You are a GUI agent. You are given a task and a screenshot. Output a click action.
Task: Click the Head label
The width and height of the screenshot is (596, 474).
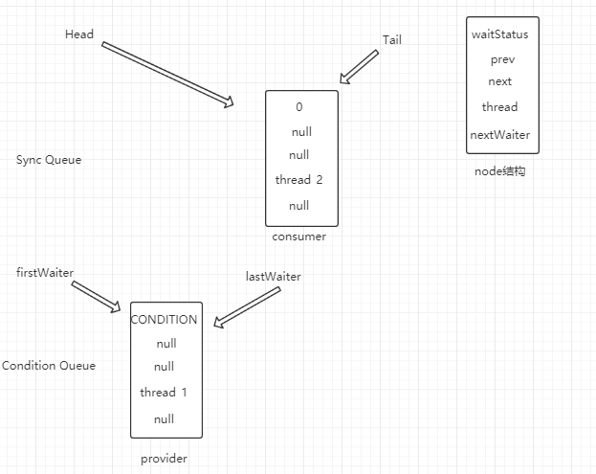[79, 34]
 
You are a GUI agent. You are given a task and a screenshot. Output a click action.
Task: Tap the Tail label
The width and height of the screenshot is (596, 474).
[392, 39]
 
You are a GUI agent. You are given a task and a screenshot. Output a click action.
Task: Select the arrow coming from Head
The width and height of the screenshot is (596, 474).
[167, 74]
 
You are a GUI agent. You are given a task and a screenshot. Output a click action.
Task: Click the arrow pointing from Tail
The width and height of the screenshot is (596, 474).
[360, 67]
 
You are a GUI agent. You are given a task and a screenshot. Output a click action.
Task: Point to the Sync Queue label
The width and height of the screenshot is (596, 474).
[49, 160]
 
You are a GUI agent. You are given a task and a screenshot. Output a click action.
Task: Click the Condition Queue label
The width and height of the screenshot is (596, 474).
[49, 366]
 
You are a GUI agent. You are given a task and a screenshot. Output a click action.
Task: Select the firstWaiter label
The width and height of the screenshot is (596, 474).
[45, 273]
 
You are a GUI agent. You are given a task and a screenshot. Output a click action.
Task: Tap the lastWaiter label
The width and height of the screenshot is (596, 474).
[274, 277]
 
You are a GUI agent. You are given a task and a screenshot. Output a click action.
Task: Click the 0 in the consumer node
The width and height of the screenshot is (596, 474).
[299, 107]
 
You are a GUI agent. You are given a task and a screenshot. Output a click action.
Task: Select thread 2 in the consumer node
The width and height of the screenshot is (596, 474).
[300, 180]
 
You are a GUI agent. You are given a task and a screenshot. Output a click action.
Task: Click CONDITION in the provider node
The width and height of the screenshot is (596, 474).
[165, 320]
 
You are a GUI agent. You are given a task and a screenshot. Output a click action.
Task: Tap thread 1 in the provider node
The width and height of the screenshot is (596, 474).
[165, 393]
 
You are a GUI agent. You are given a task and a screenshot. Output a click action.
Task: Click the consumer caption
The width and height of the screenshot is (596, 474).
[298, 237]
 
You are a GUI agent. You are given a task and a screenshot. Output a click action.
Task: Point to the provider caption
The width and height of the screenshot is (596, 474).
[164, 459]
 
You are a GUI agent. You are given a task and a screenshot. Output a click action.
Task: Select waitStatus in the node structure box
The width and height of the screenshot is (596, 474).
[499, 34]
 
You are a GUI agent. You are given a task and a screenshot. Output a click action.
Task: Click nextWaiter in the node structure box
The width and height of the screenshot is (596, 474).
[499, 135]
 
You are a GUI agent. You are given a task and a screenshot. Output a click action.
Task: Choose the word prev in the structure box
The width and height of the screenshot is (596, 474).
[501, 59]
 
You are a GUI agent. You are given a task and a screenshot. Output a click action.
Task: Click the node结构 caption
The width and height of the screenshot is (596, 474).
[500, 171]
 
